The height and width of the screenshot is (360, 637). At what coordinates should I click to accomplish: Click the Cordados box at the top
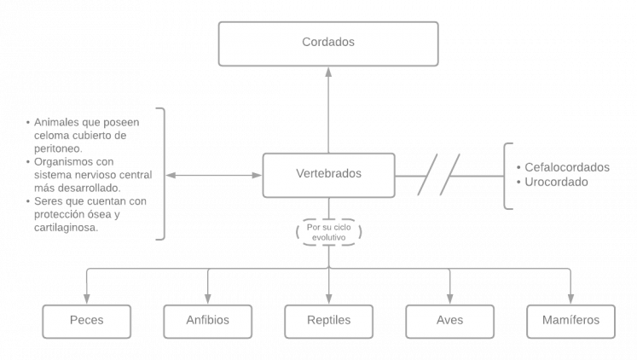[328, 43]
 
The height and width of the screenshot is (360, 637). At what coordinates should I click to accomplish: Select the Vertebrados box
[328, 173]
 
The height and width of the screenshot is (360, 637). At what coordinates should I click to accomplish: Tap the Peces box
[86, 321]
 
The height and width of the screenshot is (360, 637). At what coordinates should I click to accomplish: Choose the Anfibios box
[207, 321]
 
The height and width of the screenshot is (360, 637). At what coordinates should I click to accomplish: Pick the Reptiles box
[328, 321]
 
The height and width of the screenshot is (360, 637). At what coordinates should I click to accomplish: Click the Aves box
[449, 321]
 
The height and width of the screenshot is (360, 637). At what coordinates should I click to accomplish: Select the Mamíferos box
[570, 321]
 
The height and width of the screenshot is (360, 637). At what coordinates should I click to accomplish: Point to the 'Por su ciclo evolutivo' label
[328, 232]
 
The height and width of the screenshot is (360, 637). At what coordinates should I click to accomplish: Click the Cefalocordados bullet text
[566, 167]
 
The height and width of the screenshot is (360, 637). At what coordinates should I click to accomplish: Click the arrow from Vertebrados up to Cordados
[328, 111]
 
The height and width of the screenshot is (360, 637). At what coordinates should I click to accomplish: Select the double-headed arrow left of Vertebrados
[213, 175]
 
